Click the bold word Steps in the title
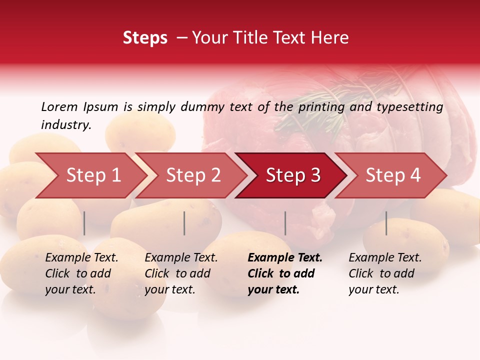pos(145,38)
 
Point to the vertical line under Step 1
pos(84,223)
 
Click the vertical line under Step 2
pos(184,223)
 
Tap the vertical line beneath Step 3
pos(285,223)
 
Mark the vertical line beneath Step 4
pos(386,223)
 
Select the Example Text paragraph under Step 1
pos(81,273)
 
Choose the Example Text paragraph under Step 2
pos(181,273)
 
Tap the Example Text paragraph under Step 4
pos(385,273)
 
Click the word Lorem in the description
pos(59,107)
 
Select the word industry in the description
pos(66,125)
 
